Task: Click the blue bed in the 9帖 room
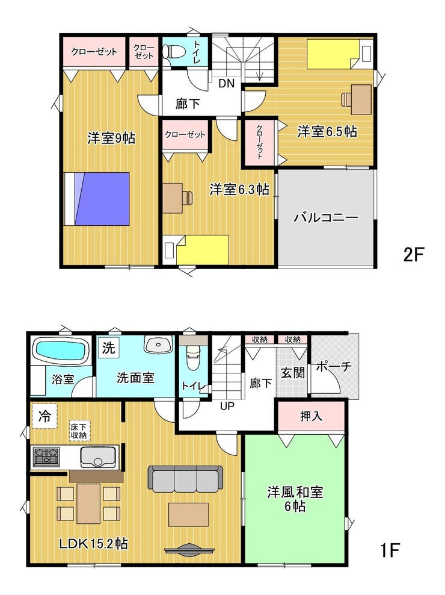pyautogui.click(x=97, y=199)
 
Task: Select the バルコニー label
pyautogui.click(x=326, y=218)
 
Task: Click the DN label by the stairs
pyautogui.click(x=226, y=83)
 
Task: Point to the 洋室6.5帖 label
pyautogui.click(x=327, y=132)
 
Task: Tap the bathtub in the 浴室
pyautogui.click(x=61, y=349)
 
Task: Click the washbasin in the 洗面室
pyautogui.click(x=158, y=344)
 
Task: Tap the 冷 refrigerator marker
pyautogui.click(x=44, y=416)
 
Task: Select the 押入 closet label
pyautogui.click(x=311, y=416)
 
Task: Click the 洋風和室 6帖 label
pyautogui.click(x=295, y=499)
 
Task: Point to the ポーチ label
pyautogui.click(x=334, y=367)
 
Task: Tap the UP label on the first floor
pyautogui.click(x=227, y=406)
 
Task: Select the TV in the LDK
pyautogui.click(x=189, y=550)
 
